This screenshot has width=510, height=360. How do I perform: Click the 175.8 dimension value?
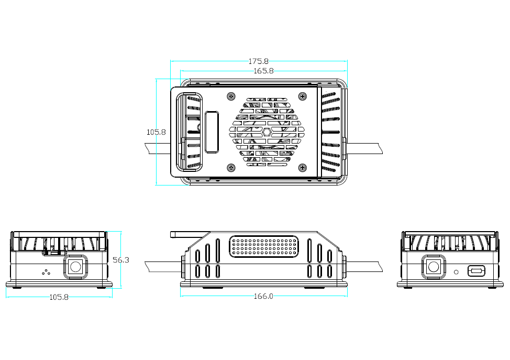tap(258, 61)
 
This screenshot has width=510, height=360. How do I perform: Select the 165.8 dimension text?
tap(263, 71)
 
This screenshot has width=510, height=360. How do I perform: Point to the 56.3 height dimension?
tap(121, 260)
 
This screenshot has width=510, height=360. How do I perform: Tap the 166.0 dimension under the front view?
tap(263, 296)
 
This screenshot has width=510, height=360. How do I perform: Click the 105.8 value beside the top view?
tap(156, 132)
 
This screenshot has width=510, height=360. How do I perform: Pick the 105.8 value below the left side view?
tap(59, 297)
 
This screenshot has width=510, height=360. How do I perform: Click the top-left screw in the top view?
tap(231, 96)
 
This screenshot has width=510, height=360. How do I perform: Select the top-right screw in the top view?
tap(302, 96)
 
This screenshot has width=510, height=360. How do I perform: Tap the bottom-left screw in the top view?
tap(231, 168)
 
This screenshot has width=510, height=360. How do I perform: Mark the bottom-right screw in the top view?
tap(302, 168)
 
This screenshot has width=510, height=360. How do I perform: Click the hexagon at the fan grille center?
tap(267, 132)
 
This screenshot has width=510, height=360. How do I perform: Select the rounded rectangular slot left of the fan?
tap(212, 132)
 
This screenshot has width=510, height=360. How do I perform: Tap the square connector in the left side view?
tap(75, 267)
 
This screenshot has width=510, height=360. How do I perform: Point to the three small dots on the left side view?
tap(46, 272)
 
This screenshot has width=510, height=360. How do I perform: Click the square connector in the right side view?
tap(434, 267)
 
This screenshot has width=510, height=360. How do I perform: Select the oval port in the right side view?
tap(476, 271)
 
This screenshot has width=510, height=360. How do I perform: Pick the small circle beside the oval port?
tap(457, 271)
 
